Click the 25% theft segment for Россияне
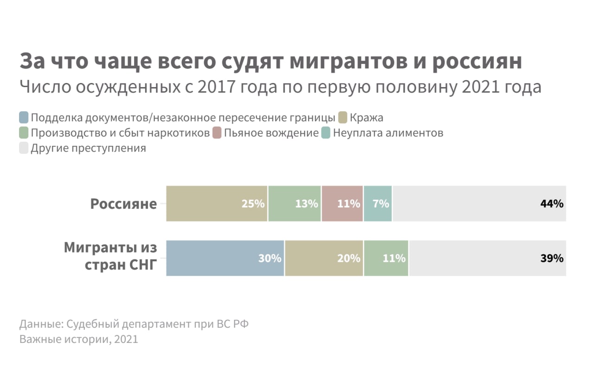click(217, 203)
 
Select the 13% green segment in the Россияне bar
click(294, 203)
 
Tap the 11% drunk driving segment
click(342, 203)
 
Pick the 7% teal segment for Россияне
click(378, 203)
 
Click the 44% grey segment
click(479, 203)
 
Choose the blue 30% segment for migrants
click(225, 258)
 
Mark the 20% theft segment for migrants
click(324, 258)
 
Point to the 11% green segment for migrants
click(386, 258)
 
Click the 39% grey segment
click(487, 258)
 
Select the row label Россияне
click(123, 204)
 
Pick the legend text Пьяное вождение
click(271, 133)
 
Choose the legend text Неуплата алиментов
click(388, 133)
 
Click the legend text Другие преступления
click(88, 148)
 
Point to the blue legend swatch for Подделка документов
click(24, 117)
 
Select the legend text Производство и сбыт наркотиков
click(120, 133)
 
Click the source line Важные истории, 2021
click(79, 339)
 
